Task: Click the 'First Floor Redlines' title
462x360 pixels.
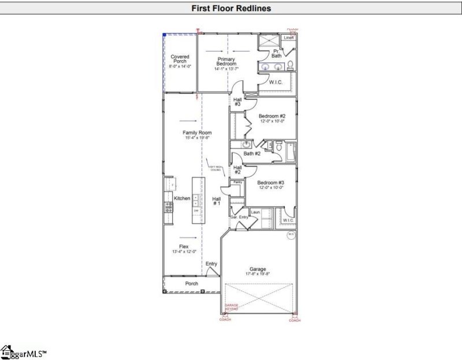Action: [x=231, y=9]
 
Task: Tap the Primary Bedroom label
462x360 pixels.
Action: [x=226, y=61]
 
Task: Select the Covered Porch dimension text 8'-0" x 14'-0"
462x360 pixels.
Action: [x=180, y=66]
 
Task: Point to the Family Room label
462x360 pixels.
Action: [x=197, y=133]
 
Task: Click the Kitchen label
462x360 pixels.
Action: [x=182, y=198]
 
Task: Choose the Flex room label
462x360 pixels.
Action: [x=183, y=247]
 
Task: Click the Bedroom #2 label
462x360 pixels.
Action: [x=272, y=116]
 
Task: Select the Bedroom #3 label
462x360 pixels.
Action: [x=271, y=183]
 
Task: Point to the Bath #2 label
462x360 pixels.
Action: [x=252, y=154]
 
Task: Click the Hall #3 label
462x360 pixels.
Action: [x=237, y=101]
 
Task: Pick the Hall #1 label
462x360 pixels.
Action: [x=217, y=201]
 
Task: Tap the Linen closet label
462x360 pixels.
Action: [x=289, y=38]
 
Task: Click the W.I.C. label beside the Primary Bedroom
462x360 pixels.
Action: [x=275, y=82]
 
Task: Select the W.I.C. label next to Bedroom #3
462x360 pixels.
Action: [x=288, y=220]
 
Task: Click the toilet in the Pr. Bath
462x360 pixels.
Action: [x=290, y=64]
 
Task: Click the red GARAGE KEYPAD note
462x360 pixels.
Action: [x=231, y=307]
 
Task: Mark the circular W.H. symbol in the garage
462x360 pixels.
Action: [x=291, y=234]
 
